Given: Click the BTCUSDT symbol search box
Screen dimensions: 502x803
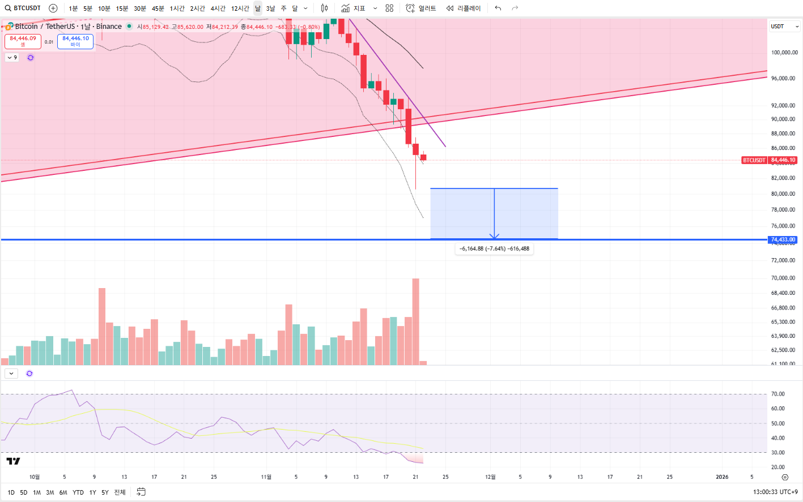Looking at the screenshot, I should (23, 8).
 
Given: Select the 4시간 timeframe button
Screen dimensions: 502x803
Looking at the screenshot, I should (218, 8).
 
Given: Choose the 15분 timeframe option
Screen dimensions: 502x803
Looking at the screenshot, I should (122, 8).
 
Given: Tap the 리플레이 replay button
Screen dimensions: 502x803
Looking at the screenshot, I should (464, 8).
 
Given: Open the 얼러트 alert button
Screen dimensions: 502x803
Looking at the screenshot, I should (421, 8).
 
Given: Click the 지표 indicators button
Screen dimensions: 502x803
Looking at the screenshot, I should (353, 8).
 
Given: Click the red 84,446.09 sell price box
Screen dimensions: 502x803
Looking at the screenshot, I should (23, 41).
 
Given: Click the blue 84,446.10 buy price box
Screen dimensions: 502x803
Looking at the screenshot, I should (75, 41).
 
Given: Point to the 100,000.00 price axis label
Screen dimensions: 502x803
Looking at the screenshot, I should (784, 53).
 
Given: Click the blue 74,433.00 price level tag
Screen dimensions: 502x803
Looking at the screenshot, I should (783, 240).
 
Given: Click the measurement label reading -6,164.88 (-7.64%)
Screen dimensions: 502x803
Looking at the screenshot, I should (494, 248).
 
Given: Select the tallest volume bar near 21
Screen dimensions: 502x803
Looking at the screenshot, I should (415, 320).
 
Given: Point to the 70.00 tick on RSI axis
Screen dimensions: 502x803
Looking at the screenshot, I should (777, 394).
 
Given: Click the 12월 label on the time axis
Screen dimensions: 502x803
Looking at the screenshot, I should (490, 477).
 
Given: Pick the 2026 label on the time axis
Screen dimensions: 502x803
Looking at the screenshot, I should (722, 477).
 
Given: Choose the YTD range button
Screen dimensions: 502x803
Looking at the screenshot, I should (78, 492).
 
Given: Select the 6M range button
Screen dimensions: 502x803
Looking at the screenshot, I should (63, 492).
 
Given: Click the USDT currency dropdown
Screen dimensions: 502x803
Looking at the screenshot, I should (784, 27).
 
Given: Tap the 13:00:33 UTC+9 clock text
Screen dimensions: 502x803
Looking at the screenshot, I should (775, 492).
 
